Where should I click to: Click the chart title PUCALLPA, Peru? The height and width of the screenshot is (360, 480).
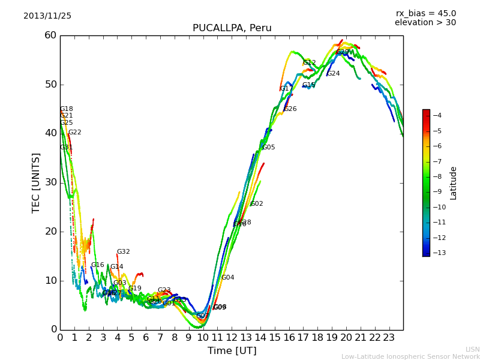tap(232, 28)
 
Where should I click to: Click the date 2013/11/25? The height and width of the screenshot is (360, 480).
tap(47, 16)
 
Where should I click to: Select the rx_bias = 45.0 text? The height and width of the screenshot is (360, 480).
tap(425, 13)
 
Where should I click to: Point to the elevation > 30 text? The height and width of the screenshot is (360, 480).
tap(425, 23)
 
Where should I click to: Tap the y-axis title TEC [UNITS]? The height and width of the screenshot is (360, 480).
tap(36, 182)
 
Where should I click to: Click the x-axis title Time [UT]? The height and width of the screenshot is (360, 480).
tap(232, 351)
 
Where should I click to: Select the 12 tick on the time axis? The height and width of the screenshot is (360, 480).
tap(232, 337)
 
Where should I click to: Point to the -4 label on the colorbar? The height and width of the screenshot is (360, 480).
tap(436, 115)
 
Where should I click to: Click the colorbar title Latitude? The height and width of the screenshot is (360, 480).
tap(454, 182)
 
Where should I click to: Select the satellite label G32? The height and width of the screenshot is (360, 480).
tap(123, 252)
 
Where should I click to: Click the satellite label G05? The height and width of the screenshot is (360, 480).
tap(268, 148)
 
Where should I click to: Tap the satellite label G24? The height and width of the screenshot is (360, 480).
tap(333, 74)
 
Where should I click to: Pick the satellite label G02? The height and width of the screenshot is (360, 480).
tap(256, 204)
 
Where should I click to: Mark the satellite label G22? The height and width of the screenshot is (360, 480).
tap(74, 133)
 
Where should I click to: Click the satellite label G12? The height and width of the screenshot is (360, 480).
tap(309, 63)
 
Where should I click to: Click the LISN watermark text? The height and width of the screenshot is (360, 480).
tap(472, 349)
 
